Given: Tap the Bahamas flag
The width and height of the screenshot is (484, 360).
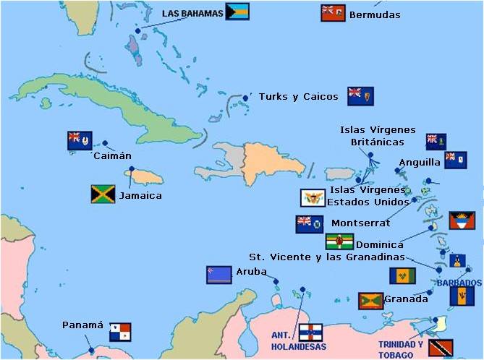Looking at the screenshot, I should tap(237, 12).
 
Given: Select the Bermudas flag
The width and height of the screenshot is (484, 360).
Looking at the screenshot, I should tap(333, 13).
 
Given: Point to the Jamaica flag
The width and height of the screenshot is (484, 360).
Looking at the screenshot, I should tap(103, 194).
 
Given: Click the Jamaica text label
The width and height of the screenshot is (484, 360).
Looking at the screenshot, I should tap(140, 195).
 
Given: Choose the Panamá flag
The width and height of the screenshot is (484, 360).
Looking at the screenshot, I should tap(119, 332).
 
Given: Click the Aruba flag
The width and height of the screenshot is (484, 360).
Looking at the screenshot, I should tap(218, 274).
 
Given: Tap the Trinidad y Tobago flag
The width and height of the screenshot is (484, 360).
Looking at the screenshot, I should tap(441, 348).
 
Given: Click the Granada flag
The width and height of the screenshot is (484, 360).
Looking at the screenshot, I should tap(370, 300).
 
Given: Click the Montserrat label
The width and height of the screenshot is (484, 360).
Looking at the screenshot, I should tap(360, 223).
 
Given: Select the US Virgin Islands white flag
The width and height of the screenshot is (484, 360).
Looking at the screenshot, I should tap(313, 198).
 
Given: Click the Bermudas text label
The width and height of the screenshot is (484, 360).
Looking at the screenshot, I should tap(374, 14).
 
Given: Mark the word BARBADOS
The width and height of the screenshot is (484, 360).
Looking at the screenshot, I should tap(459, 282).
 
